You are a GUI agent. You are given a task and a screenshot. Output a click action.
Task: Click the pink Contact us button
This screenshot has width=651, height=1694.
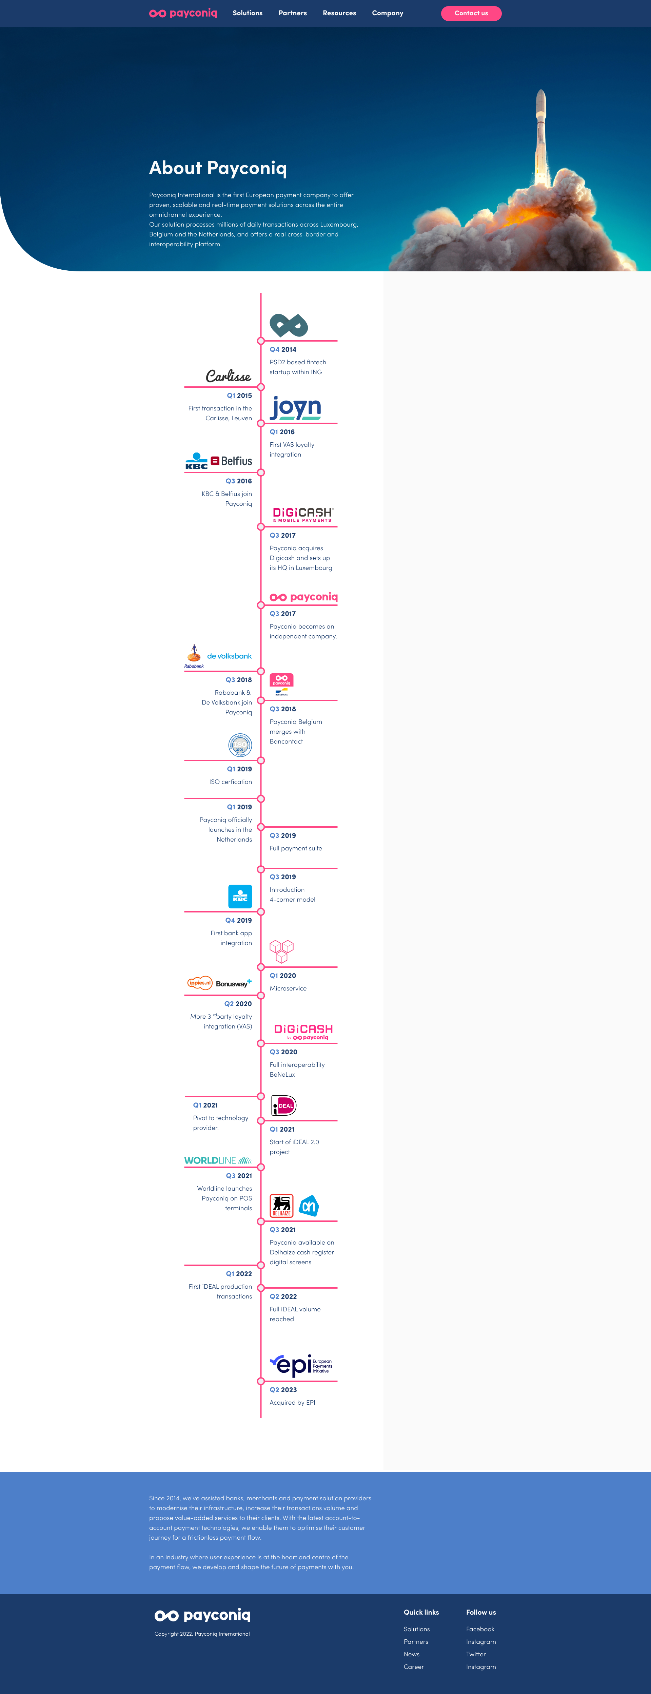click(x=471, y=13)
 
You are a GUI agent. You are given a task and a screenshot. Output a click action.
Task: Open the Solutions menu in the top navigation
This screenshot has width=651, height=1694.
click(x=247, y=13)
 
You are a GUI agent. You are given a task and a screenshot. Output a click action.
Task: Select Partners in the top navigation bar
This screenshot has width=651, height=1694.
click(x=293, y=13)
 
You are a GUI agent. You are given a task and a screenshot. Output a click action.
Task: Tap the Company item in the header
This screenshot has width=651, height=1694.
click(x=387, y=13)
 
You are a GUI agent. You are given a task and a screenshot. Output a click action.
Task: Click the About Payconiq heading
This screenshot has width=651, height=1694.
click(x=218, y=168)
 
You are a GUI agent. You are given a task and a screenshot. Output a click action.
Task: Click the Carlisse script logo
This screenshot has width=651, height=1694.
click(x=228, y=376)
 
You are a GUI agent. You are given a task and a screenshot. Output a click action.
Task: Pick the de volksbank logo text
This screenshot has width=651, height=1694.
click(x=229, y=656)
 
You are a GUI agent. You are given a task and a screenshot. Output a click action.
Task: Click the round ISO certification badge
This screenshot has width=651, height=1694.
click(x=240, y=745)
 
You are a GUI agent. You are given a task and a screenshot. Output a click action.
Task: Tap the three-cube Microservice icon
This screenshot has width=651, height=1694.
click(x=281, y=951)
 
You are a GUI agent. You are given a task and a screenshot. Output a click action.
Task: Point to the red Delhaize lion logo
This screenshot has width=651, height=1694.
click(x=281, y=1206)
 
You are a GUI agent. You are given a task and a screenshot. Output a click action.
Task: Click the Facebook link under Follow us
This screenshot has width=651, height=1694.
click(x=480, y=1629)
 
